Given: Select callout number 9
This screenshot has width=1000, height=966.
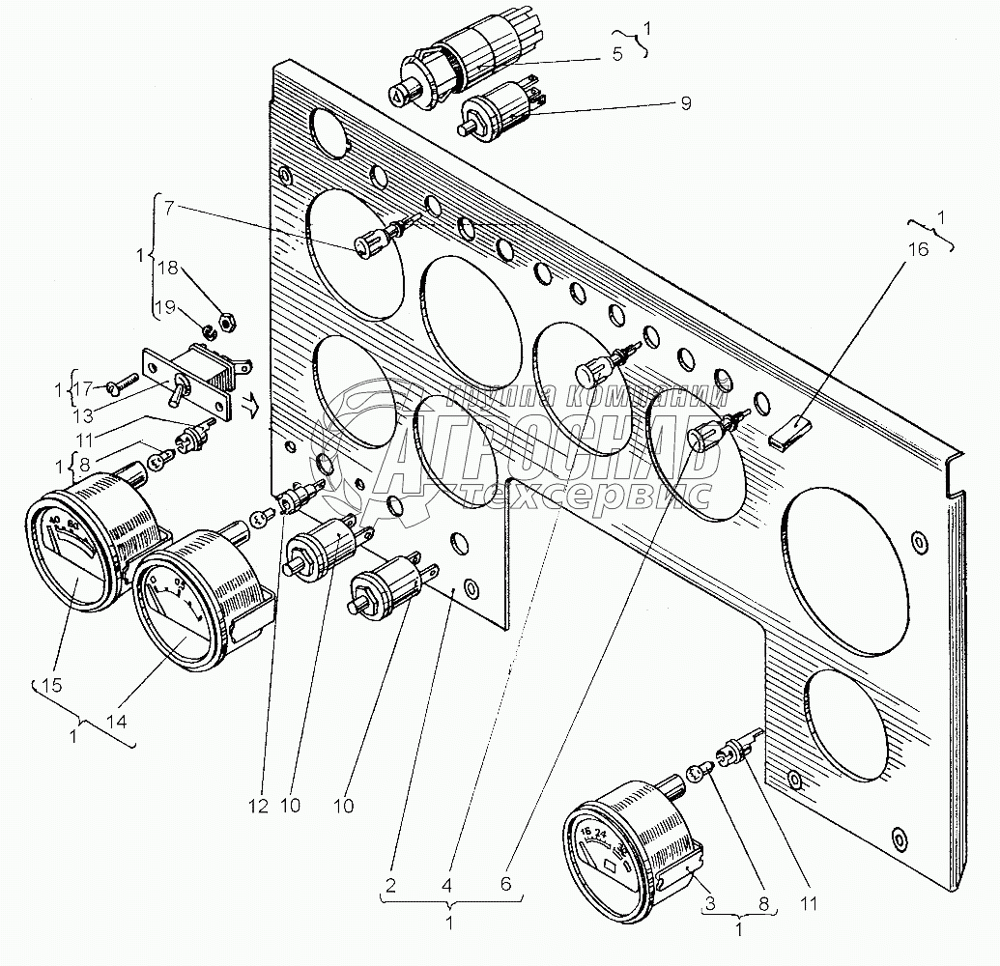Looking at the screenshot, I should point(685,103).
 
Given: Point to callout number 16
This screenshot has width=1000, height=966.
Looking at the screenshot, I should point(917,249).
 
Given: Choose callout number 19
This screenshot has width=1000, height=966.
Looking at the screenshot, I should point(167,308).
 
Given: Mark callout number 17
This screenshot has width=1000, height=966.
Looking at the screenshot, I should point(85,388).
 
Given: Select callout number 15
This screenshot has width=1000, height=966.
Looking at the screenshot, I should point(51,686).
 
